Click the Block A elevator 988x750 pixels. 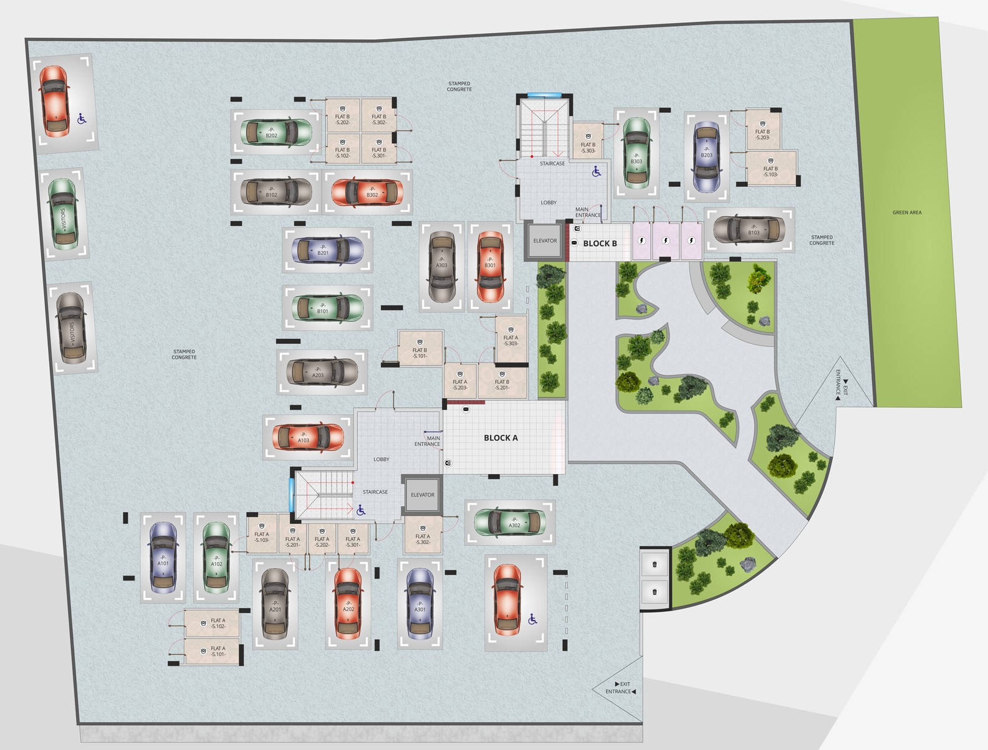point(422,495)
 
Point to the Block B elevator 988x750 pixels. point(545,240)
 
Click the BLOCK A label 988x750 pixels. point(501,438)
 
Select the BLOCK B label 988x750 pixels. point(600,244)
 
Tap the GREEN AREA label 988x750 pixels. point(906,213)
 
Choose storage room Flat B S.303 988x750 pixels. point(588,144)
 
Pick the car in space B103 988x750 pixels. point(749,229)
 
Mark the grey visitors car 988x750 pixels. point(71,328)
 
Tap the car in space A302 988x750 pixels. point(511,523)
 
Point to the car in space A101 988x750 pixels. point(163,558)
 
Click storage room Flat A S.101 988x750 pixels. point(212,652)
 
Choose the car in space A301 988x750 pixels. point(420,604)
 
